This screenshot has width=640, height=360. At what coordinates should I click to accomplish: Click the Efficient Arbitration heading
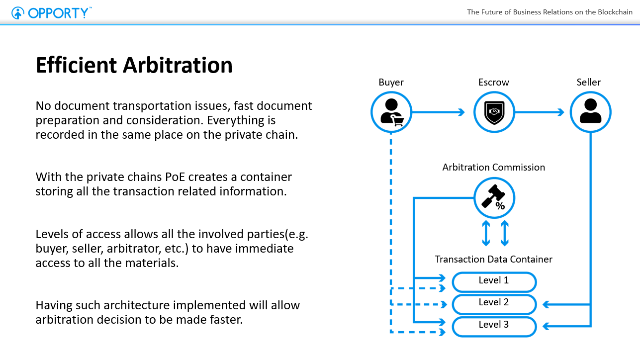click(x=134, y=65)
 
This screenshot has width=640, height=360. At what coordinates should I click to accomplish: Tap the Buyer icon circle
click(x=391, y=112)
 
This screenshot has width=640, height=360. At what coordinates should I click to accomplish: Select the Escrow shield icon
click(x=494, y=112)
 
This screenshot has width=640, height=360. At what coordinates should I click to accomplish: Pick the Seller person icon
click(x=590, y=112)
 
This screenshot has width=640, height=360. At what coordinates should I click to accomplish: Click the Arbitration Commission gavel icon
click(x=494, y=198)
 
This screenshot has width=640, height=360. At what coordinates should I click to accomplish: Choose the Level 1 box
click(x=494, y=281)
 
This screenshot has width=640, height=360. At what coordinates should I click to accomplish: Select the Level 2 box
click(x=494, y=303)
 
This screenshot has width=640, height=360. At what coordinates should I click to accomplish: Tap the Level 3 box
click(x=494, y=326)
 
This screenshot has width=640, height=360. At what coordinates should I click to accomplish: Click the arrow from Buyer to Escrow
click(x=438, y=112)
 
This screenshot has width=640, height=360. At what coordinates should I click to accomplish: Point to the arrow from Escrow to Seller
click(x=540, y=112)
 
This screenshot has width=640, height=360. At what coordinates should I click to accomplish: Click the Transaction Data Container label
click(x=493, y=259)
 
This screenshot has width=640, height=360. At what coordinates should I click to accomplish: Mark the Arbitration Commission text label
click(x=493, y=167)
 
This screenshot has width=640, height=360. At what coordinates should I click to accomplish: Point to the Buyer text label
click(x=391, y=82)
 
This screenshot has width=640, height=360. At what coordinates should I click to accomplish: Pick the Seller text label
click(x=589, y=82)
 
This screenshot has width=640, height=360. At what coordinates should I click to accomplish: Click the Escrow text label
click(x=493, y=82)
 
